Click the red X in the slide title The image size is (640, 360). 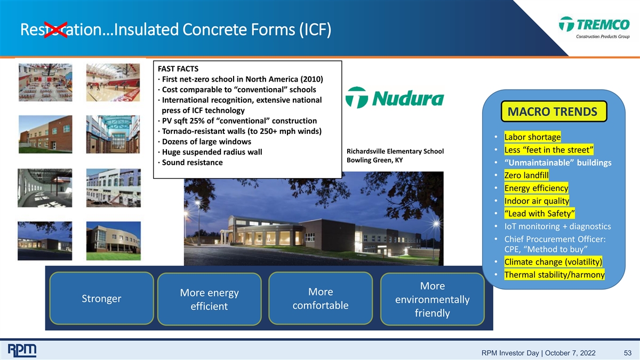(x=55, y=30)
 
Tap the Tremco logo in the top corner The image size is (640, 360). (x=594, y=27)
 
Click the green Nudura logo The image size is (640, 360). (x=395, y=98)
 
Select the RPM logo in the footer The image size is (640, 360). (x=22, y=350)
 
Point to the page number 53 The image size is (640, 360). (x=627, y=353)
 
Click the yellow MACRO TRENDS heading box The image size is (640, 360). (x=554, y=111)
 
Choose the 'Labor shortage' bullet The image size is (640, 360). (x=532, y=137)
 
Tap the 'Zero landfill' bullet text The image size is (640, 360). (x=526, y=175)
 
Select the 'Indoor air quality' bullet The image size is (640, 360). (x=537, y=201)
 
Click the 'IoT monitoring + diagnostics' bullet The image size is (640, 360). (x=557, y=226)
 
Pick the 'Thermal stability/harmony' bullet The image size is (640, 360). (x=554, y=275)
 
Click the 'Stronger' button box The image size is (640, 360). (x=101, y=298)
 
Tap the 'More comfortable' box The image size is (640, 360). (x=321, y=298)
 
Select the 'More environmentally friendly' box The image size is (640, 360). (x=433, y=299)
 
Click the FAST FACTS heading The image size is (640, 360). (x=178, y=69)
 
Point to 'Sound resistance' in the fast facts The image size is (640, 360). (x=193, y=162)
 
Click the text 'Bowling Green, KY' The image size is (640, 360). (x=374, y=160)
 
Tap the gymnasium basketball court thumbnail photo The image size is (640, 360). (x=113, y=82)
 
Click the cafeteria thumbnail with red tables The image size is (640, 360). (x=45, y=82)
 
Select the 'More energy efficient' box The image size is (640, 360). (x=210, y=299)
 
